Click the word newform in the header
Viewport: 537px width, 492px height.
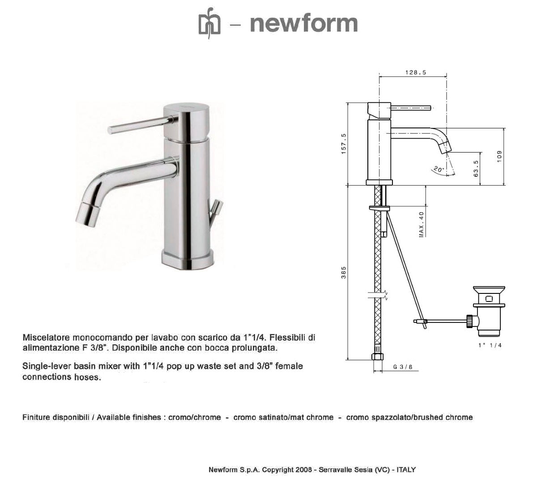304,23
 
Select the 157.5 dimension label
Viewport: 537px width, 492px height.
343,144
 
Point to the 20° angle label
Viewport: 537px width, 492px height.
438,170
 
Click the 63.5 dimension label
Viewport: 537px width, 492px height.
476,168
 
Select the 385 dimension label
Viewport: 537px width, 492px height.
343,273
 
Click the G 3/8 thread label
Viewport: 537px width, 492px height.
403,367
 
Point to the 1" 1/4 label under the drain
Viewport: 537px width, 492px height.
490,345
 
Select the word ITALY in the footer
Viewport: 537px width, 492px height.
406,470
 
